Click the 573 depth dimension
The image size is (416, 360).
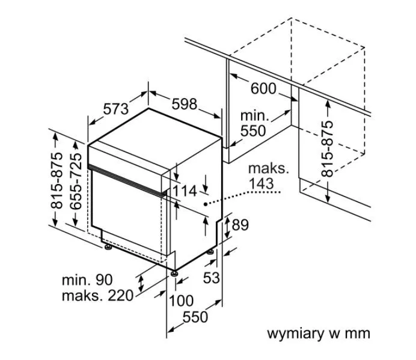[x=116, y=108]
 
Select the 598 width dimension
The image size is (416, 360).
[x=184, y=103]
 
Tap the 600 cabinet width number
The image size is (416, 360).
[x=263, y=89]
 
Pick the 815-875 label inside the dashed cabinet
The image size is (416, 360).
[x=328, y=148]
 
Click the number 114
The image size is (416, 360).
[x=185, y=191]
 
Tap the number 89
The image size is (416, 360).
[x=240, y=225]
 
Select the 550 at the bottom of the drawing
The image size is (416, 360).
[x=195, y=317]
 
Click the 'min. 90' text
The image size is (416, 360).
[x=87, y=279]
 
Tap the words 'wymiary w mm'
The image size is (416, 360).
[x=319, y=333]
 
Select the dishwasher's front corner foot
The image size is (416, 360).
[x=174, y=273]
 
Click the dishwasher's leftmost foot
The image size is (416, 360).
[x=107, y=246]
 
